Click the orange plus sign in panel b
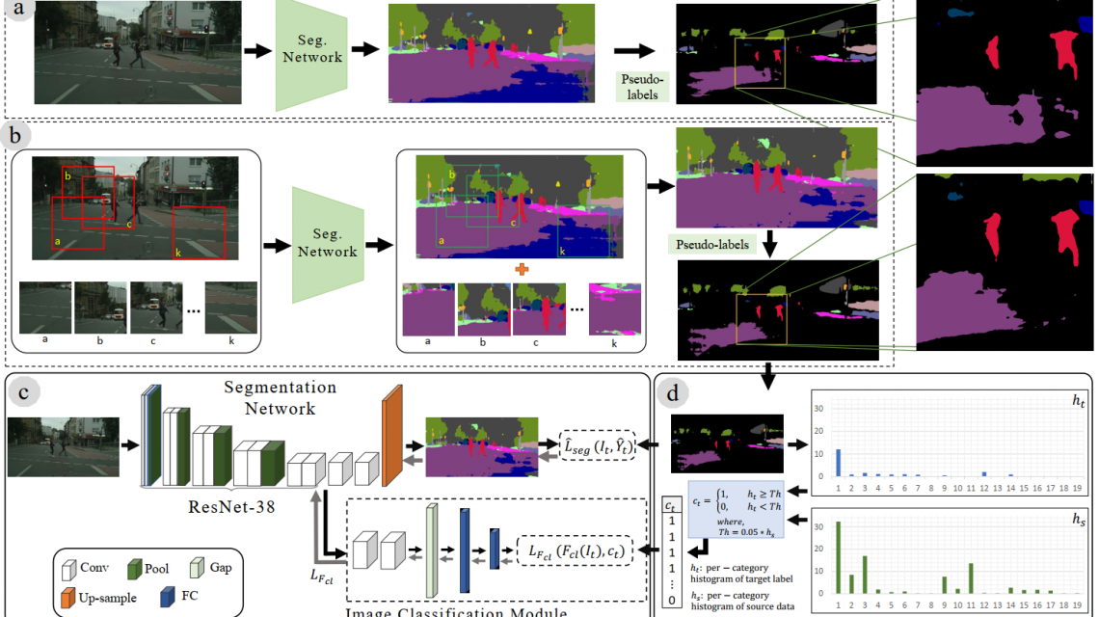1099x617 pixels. pyautogui.click(x=523, y=269)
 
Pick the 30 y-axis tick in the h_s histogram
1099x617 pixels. pyautogui.click(x=818, y=528)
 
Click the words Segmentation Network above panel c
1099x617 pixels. pyautogui.click(x=268, y=397)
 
